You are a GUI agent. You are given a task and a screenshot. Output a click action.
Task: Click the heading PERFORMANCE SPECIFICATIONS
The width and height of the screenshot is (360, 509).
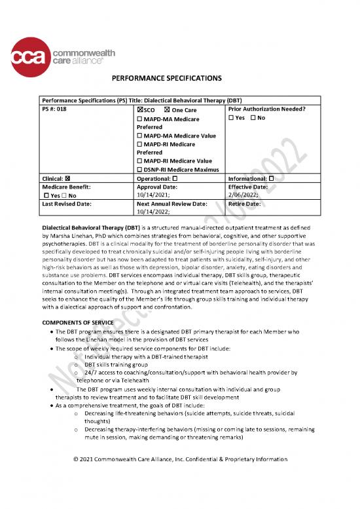179,79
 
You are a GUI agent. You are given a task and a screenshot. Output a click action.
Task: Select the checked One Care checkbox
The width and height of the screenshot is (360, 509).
168,110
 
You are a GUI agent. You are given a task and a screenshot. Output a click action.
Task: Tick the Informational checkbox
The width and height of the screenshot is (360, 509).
271,179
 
